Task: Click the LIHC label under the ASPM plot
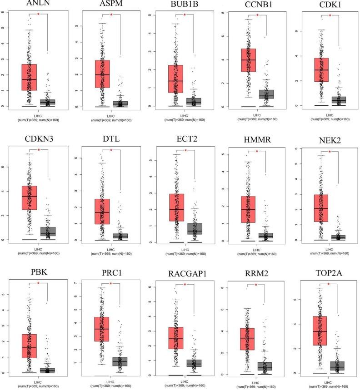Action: coord(111,115)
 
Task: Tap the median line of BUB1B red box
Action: coord(175,81)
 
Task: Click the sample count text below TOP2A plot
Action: coord(330,386)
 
